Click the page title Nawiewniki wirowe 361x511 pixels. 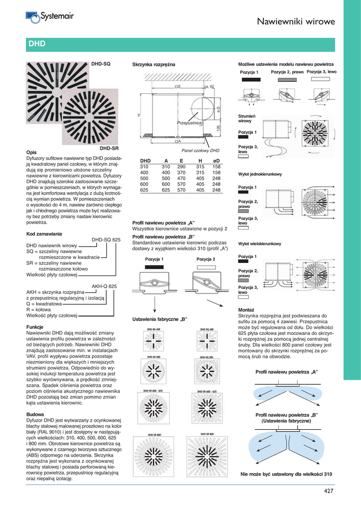point(296,21)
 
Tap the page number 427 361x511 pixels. point(329,492)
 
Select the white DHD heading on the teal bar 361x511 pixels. point(37,44)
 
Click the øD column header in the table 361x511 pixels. point(216,161)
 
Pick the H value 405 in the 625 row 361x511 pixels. point(200,190)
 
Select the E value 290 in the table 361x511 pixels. point(181,167)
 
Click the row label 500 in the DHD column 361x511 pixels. point(145,178)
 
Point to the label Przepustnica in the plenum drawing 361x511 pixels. point(189,122)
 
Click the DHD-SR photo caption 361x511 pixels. point(108,148)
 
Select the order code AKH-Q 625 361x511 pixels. point(104,286)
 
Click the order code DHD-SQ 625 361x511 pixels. point(106,240)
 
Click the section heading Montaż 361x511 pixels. point(247,310)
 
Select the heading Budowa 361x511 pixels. point(35,415)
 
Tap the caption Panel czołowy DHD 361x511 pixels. point(200,150)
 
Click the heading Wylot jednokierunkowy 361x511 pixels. point(260,174)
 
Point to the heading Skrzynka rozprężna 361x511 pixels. point(154,65)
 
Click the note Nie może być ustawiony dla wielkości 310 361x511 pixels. point(286,474)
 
